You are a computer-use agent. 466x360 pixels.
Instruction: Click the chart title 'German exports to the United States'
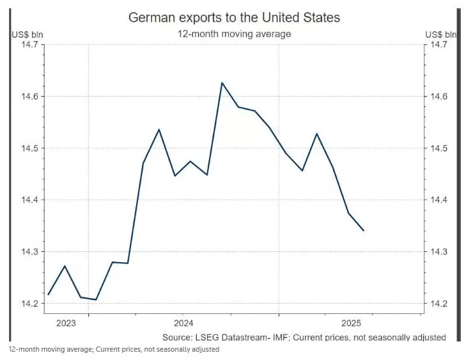click(x=234, y=17)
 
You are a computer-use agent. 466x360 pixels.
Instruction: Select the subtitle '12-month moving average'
click(x=234, y=33)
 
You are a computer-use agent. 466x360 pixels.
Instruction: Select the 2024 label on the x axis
click(x=183, y=322)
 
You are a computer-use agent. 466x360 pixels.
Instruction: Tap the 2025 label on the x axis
click(x=352, y=322)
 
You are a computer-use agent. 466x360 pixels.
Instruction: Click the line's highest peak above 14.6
click(x=222, y=82)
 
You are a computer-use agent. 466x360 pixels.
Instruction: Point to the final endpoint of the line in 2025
click(x=364, y=230)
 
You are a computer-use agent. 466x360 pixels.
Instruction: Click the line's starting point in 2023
click(x=49, y=294)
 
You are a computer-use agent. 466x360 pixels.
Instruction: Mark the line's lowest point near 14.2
click(x=96, y=299)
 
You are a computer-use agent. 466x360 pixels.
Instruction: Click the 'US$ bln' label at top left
click(x=26, y=34)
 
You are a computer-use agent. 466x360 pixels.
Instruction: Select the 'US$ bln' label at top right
click(x=441, y=34)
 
